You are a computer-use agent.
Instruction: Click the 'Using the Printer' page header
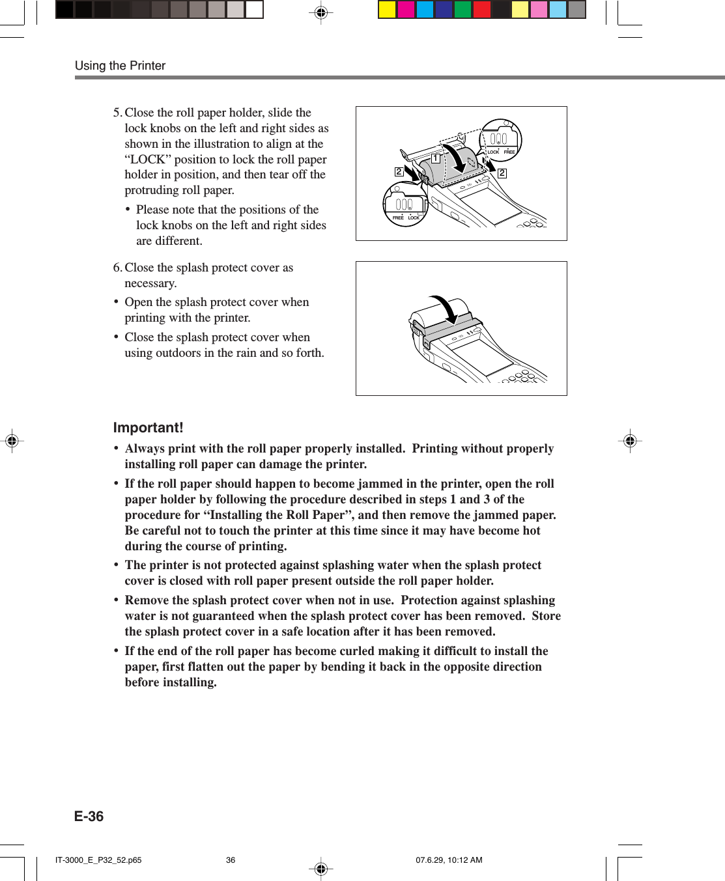click(x=120, y=66)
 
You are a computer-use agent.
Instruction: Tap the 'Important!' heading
click(x=148, y=428)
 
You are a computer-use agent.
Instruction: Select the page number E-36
click(x=89, y=817)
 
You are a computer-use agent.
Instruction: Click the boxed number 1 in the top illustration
click(x=436, y=158)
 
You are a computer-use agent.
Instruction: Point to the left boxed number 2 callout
click(x=399, y=172)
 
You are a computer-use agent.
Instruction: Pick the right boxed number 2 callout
click(x=502, y=173)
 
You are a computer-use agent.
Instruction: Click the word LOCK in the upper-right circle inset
click(x=493, y=152)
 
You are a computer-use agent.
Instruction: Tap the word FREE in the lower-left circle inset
click(x=397, y=218)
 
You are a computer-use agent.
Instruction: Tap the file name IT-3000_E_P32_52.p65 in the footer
click(x=98, y=860)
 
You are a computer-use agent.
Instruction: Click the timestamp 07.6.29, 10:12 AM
click(x=449, y=860)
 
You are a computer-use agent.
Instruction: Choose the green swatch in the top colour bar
click(x=463, y=10)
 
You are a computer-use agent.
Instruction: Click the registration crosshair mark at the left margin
click(x=12, y=441)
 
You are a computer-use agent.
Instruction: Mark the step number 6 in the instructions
click(x=117, y=268)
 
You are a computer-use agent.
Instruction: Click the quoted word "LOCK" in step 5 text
click(x=147, y=160)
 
